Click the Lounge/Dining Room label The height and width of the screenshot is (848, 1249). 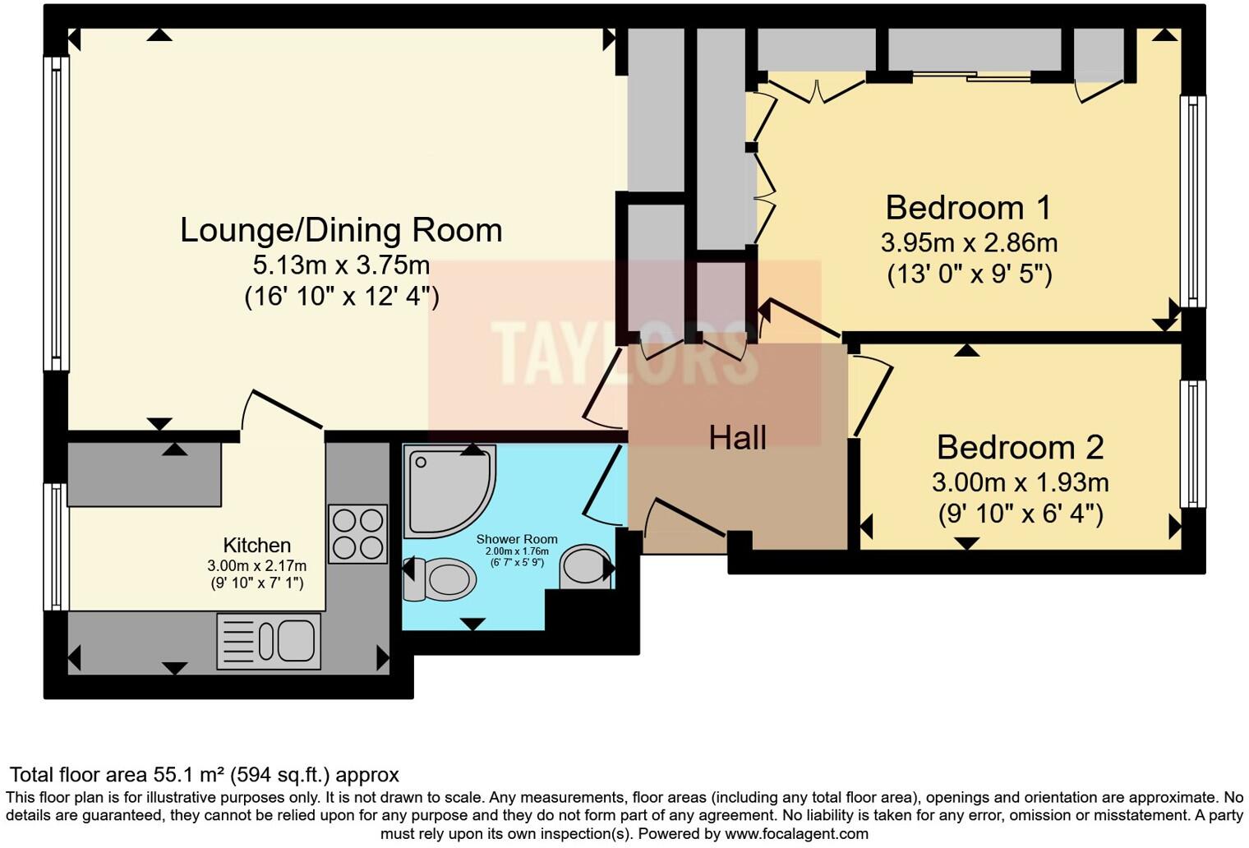click(341, 230)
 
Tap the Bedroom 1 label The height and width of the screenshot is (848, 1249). click(968, 207)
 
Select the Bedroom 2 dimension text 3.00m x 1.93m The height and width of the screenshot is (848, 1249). click(1020, 482)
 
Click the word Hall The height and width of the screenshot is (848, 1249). click(738, 438)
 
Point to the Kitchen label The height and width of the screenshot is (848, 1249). click(256, 546)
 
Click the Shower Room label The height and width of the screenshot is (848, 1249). click(516, 540)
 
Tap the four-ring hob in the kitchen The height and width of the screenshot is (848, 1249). click(357, 533)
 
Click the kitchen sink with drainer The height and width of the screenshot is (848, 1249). click(269, 641)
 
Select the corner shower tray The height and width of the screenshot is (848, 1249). click(448, 490)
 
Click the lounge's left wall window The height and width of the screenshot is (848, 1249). click(56, 214)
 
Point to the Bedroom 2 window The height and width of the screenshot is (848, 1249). click(1193, 444)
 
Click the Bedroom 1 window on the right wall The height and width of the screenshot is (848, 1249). click(1193, 201)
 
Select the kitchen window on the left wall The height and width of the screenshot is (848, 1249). click(55, 546)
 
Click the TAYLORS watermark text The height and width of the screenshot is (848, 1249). click(624, 353)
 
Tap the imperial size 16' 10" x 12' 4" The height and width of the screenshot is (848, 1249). click(342, 296)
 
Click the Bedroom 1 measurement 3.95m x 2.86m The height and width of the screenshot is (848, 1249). click(969, 243)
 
